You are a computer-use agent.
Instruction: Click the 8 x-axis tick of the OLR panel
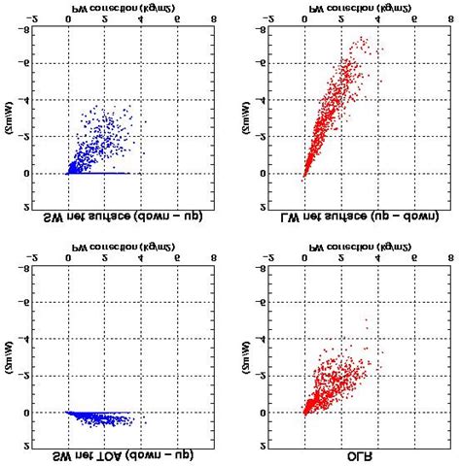[x=449, y=258]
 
